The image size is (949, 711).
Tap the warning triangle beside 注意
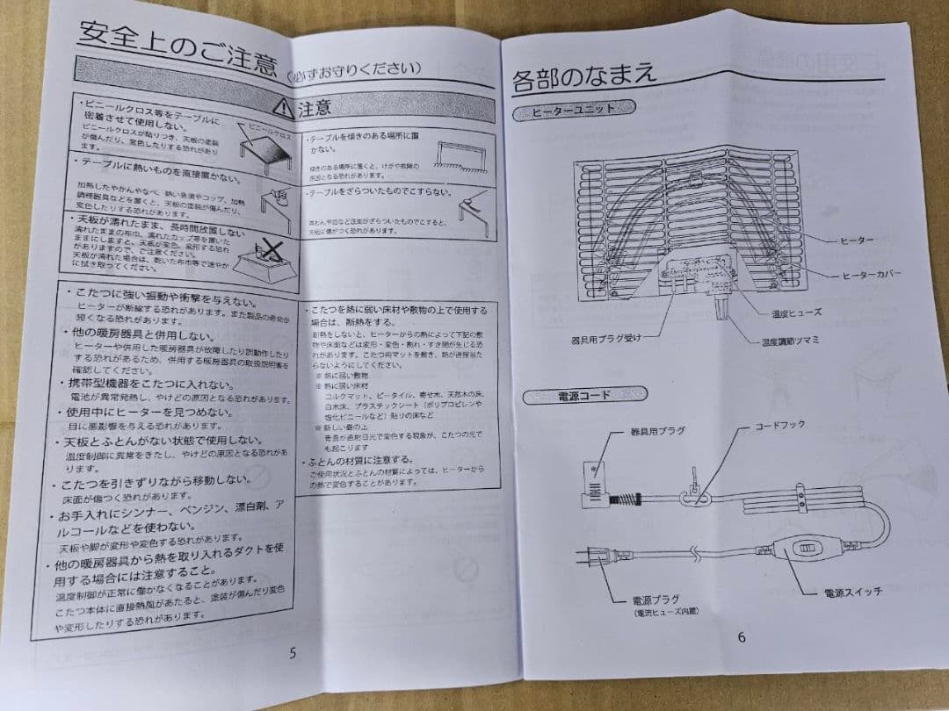(x=283, y=108)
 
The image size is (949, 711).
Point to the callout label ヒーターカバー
(x=871, y=275)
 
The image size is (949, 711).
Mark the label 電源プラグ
(x=655, y=600)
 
